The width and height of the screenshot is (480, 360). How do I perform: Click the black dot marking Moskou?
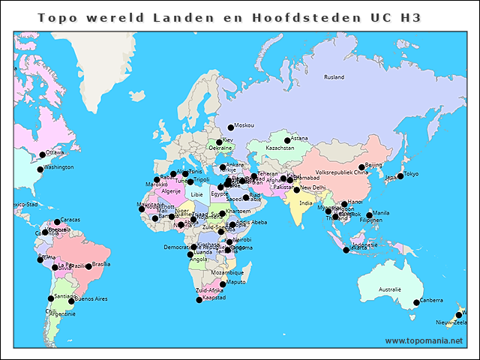pyautogui.click(x=231, y=127)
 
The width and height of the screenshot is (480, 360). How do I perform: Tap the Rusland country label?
pyautogui.click(x=334, y=77)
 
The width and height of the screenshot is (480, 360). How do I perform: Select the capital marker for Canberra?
pyautogui.click(x=416, y=303)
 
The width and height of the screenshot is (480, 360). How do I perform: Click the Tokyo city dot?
pyautogui.click(x=400, y=176)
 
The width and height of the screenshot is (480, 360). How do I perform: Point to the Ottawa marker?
pyautogui.click(x=42, y=155)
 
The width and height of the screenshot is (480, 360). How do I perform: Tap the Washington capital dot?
pyautogui.click(x=40, y=169)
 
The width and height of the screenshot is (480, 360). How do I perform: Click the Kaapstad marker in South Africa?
pyautogui.click(x=199, y=300)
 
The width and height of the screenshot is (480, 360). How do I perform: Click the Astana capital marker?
pyautogui.click(x=287, y=140)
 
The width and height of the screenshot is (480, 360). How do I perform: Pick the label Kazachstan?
pyautogui.click(x=280, y=148)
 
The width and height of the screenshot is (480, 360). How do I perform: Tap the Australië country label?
pyautogui.click(x=389, y=289)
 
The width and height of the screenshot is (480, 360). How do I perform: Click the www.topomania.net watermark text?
pyautogui.click(x=424, y=341)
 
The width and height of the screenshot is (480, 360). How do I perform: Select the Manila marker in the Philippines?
pyautogui.click(x=369, y=214)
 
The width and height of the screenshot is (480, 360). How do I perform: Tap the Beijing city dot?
pyautogui.click(x=361, y=167)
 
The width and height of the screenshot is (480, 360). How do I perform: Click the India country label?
pyautogui.click(x=306, y=202)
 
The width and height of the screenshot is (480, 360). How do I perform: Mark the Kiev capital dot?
pyautogui.click(x=220, y=142)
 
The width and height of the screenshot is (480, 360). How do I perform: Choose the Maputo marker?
pyautogui.click(x=223, y=284)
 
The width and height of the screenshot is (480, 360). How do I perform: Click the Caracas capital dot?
pyautogui.click(x=57, y=222)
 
